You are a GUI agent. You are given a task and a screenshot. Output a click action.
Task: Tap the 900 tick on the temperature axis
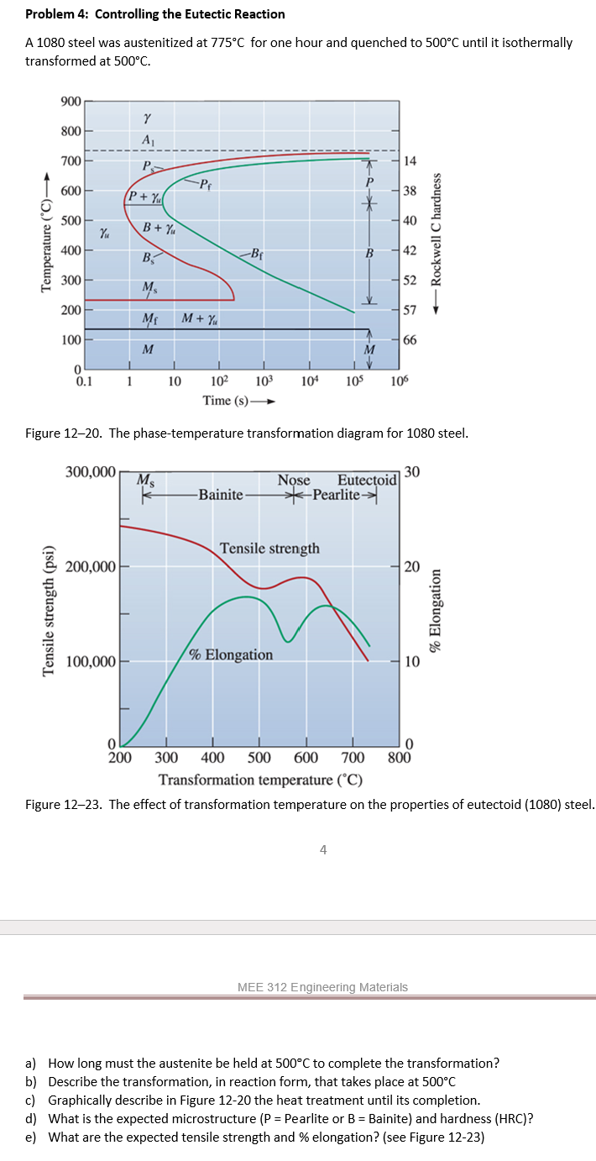[71, 102]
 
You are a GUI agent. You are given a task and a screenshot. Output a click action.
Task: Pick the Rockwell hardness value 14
[410, 160]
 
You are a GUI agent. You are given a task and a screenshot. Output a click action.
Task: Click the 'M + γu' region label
[201, 319]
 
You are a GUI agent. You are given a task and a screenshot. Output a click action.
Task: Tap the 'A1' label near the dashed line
[148, 139]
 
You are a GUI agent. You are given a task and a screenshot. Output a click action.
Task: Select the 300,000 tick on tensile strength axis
[90, 471]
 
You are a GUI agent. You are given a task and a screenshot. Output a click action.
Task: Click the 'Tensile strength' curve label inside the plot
[269, 548]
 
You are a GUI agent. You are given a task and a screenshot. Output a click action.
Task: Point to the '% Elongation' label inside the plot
[231, 654]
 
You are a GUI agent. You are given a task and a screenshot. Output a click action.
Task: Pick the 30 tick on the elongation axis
[410, 471]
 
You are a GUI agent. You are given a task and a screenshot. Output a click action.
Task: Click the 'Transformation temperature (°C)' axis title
[260, 780]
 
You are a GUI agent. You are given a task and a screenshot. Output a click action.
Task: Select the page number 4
[323, 849]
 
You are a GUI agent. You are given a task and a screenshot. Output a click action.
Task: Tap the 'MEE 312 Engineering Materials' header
[323, 987]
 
